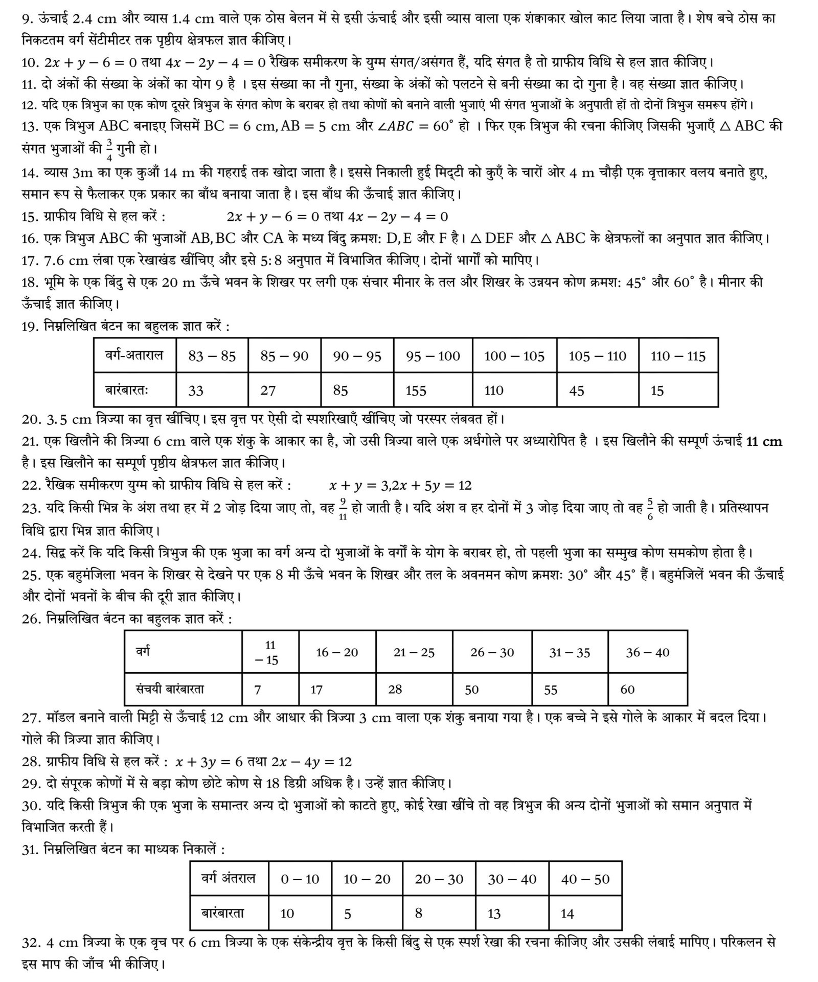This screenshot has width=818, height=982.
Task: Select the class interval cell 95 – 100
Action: [x=433, y=356]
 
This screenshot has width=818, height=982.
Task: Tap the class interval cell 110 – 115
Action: [x=678, y=356]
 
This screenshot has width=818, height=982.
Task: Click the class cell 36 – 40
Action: [x=647, y=652]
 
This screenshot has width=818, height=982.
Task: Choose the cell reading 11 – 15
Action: [x=270, y=653]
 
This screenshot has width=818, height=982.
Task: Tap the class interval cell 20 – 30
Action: [x=439, y=879]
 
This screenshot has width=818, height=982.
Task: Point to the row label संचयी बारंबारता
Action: [x=170, y=689]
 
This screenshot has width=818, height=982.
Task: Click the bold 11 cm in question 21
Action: [x=764, y=441]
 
